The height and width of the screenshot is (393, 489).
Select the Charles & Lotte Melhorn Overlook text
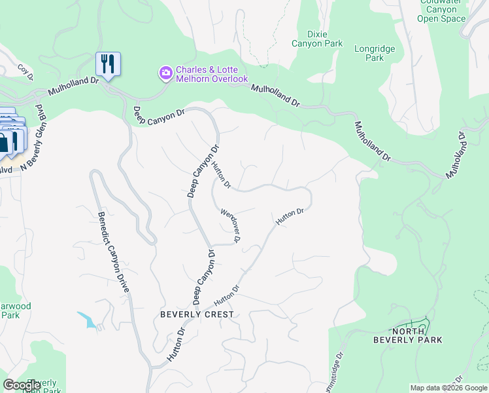(212, 75)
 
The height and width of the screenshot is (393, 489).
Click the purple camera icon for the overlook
(167, 71)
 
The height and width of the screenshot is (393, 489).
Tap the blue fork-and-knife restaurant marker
(107, 64)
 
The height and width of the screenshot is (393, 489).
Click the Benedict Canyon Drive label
(115, 252)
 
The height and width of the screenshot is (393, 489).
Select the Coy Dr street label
(25, 69)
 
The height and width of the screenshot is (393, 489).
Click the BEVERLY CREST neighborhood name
(196, 314)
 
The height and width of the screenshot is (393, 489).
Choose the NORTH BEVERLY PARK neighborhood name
(408, 335)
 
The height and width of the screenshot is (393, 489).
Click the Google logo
(22, 385)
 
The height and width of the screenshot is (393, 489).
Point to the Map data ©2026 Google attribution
(448, 388)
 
